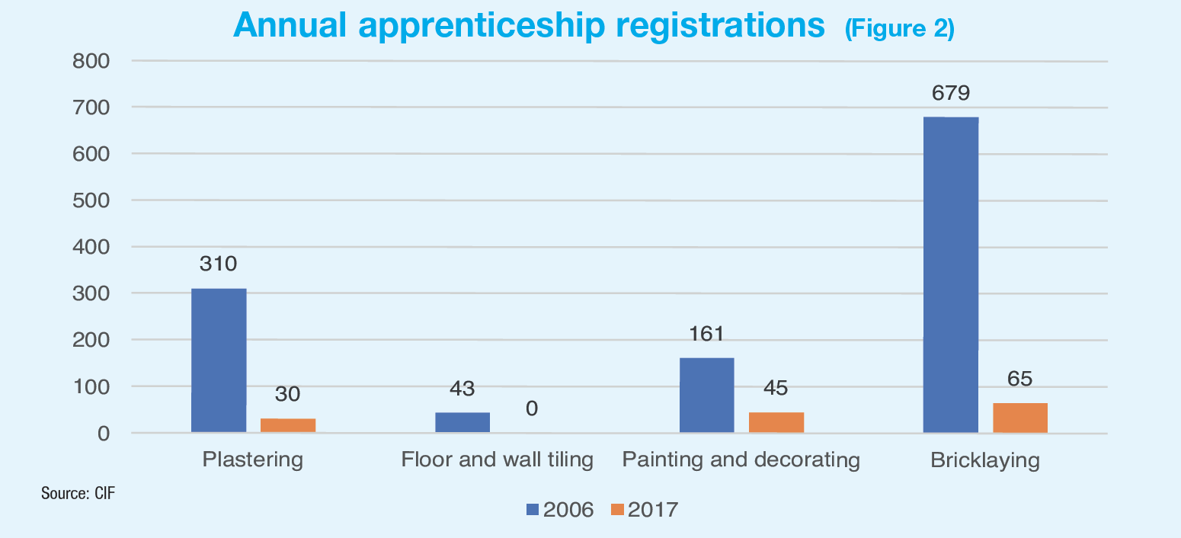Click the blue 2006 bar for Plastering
point(219,360)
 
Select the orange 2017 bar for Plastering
point(288,425)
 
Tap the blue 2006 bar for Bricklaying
point(950,274)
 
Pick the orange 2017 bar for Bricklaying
point(1020,418)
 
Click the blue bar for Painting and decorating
point(706,395)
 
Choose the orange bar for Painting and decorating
point(776,422)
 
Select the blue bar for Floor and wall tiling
point(462,422)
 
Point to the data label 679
point(950,94)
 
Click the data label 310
point(219,264)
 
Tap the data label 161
point(706,334)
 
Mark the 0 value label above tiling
point(532,409)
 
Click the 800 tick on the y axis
point(91,61)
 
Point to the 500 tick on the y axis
point(91,200)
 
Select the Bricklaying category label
point(984,460)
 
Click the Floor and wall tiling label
point(497,460)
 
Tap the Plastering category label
point(253,460)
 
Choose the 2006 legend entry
point(560,510)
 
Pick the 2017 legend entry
point(645,510)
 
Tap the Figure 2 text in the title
point(899,29)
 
